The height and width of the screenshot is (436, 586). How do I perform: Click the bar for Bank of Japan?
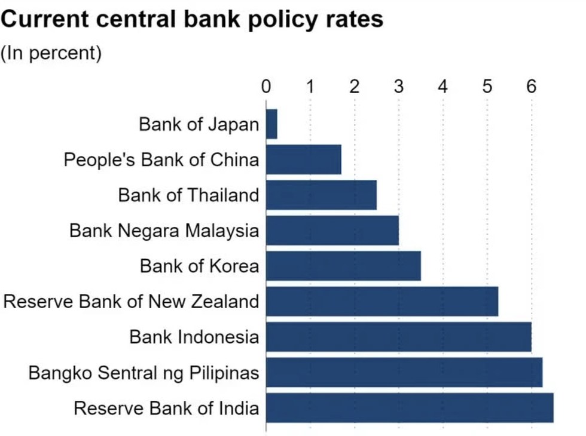coord(271,124)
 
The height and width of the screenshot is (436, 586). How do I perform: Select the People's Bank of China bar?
coord(303,159)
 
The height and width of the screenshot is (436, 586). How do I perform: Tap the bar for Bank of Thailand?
coord(321,195)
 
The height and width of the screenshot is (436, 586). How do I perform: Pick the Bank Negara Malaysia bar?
coord(332,231)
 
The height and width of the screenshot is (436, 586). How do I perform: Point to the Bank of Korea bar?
coord(343,266)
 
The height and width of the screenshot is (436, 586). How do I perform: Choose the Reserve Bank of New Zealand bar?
coord(382,301)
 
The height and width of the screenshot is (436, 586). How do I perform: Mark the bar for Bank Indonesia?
coord(398,337)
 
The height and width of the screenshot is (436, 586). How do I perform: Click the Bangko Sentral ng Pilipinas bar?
coord(404,372)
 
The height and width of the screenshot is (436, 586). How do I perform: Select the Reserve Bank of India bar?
coord(410,407)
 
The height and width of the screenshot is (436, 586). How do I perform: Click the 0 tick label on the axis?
coord(266,87)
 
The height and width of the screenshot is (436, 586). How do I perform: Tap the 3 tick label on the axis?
coord(399,87)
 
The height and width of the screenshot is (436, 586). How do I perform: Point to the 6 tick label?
coord(531,87)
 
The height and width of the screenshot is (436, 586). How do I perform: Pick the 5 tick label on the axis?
coord(487,87)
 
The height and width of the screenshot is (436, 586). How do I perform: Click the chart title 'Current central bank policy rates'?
coord(192,20)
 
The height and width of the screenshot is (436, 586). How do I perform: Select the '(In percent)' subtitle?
coord(51,53)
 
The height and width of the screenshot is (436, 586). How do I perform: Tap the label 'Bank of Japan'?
coord(199,124)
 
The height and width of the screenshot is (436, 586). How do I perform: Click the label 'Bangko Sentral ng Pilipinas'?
coord(144,373)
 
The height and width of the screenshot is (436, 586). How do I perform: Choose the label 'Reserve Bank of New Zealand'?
coord(131,301)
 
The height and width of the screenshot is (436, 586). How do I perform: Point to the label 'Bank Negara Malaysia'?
coord(164,231)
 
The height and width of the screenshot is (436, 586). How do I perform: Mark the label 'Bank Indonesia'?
coord(194,337)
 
